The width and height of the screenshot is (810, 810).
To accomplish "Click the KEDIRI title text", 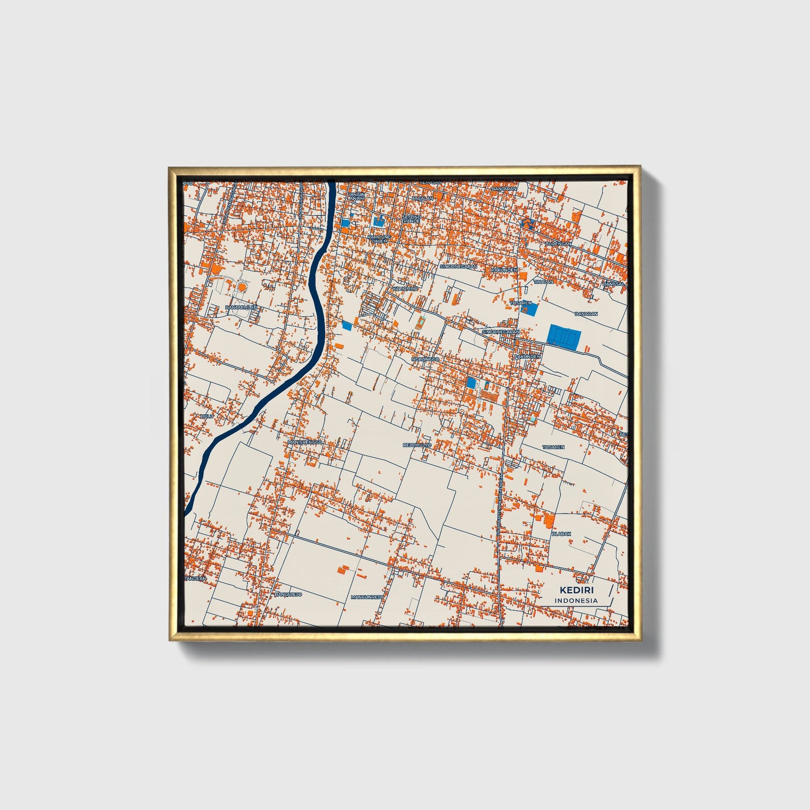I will pos(576,590).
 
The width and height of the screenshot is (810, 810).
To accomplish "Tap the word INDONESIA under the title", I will pos(576,600).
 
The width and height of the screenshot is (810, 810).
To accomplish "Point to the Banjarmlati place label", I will pos(241,308).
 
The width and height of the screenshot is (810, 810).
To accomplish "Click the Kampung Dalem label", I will pos(379,239).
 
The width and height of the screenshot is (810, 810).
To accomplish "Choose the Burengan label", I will pos(559,244).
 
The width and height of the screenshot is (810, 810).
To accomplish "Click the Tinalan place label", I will pos(543,282).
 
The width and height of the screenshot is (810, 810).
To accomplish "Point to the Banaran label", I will pos(586,314).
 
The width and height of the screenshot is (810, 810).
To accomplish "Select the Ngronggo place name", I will pos(425,359).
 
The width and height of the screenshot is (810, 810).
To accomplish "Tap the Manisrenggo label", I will pos(306,442).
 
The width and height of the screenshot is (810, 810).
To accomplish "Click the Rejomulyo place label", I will pos(417,445).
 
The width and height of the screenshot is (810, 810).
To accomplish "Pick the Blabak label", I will pos(561,534).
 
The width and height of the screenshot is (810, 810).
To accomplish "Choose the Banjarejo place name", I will pos(289,594).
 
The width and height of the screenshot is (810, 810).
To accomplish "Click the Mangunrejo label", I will pos(367,597).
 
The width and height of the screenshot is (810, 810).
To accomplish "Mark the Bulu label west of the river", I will pos(207,416).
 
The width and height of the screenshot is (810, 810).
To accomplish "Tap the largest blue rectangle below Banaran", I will pos(563,337).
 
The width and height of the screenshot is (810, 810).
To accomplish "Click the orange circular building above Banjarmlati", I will pos(242,286).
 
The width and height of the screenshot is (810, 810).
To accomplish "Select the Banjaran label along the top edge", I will pos(504,189).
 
